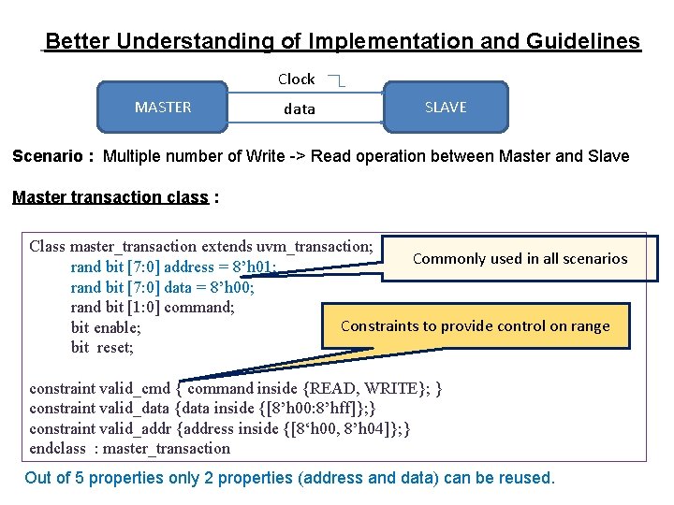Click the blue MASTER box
(x=163, y=107)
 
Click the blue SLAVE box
(x=446, y=107)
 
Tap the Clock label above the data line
(x=296, y=79)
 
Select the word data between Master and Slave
(x=300, y=109)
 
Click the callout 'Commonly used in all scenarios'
(x=520, y=258)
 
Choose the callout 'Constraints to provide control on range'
(x=475, y=326)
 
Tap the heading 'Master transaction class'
(x=111, y=197)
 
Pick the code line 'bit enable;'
(x=106, y=327)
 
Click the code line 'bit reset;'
(x=102, y=348)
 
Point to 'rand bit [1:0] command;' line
(x=152, y=307)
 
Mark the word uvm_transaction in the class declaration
(x=314, y=247)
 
